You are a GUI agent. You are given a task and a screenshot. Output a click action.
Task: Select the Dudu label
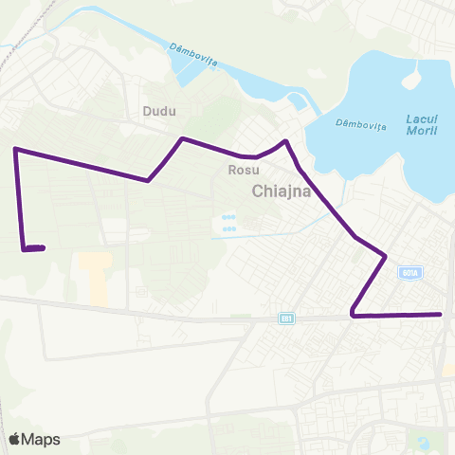point(159,111)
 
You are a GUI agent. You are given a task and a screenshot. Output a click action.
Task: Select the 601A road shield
point(409,272)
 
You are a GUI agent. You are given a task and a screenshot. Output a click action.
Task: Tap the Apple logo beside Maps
point(14,439)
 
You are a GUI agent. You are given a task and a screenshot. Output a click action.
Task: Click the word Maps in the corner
point(42,439)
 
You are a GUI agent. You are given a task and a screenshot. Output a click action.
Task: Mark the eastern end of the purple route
point(441,314)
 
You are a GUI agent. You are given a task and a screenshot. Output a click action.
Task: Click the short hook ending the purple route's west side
point(34,249)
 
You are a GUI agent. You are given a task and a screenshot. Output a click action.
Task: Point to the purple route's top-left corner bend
point(15,149)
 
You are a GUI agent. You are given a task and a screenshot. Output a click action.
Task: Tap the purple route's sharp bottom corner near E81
point(352,314)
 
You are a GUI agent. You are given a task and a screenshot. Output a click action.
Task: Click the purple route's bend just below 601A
point(386,256)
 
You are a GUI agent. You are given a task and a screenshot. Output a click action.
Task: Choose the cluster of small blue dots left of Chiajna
point(228,224)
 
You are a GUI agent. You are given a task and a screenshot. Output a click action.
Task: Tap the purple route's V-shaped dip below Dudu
point(148,180)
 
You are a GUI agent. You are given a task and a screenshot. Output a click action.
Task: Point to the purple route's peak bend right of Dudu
point(182,139)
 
